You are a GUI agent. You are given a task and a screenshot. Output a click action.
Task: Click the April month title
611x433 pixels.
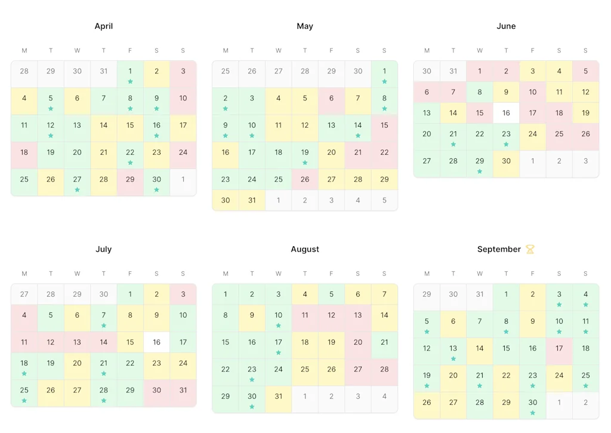pyautogui.click(x=104, y=26)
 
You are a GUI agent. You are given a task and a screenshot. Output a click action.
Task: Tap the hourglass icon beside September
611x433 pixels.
pyautogui.click(x=530, y=249)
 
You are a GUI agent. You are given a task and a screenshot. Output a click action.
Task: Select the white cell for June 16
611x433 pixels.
pyautogui.click(x=506, y=113)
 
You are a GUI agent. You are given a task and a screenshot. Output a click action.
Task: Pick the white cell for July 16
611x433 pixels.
pyautogui.click(x=156, y=342)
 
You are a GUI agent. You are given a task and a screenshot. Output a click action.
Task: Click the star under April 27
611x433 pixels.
pyautogui.click(x=77, y=189)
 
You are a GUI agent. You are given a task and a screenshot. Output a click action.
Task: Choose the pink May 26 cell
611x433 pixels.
pyautogui.click(x=305, y=179)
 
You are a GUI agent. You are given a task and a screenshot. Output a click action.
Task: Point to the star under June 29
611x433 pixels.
pyautogui.click(x=480, y=171)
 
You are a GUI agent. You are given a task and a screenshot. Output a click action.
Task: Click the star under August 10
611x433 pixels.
pyautogui.click(x=278, y=325)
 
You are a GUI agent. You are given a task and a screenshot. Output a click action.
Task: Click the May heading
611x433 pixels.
pyautogui.click(x=305, y=26)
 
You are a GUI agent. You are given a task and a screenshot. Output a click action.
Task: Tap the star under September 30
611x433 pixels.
pyautogui.click(x=533, y=412)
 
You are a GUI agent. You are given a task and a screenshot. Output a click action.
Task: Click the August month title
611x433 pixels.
pyautogui.click(x=305, y=249)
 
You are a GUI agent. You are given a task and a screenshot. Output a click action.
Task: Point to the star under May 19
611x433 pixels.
pyautogui.click(x=305, y=162)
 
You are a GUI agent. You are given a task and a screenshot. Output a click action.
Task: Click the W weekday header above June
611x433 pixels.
pyautogui.click(x=480, y=51)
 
